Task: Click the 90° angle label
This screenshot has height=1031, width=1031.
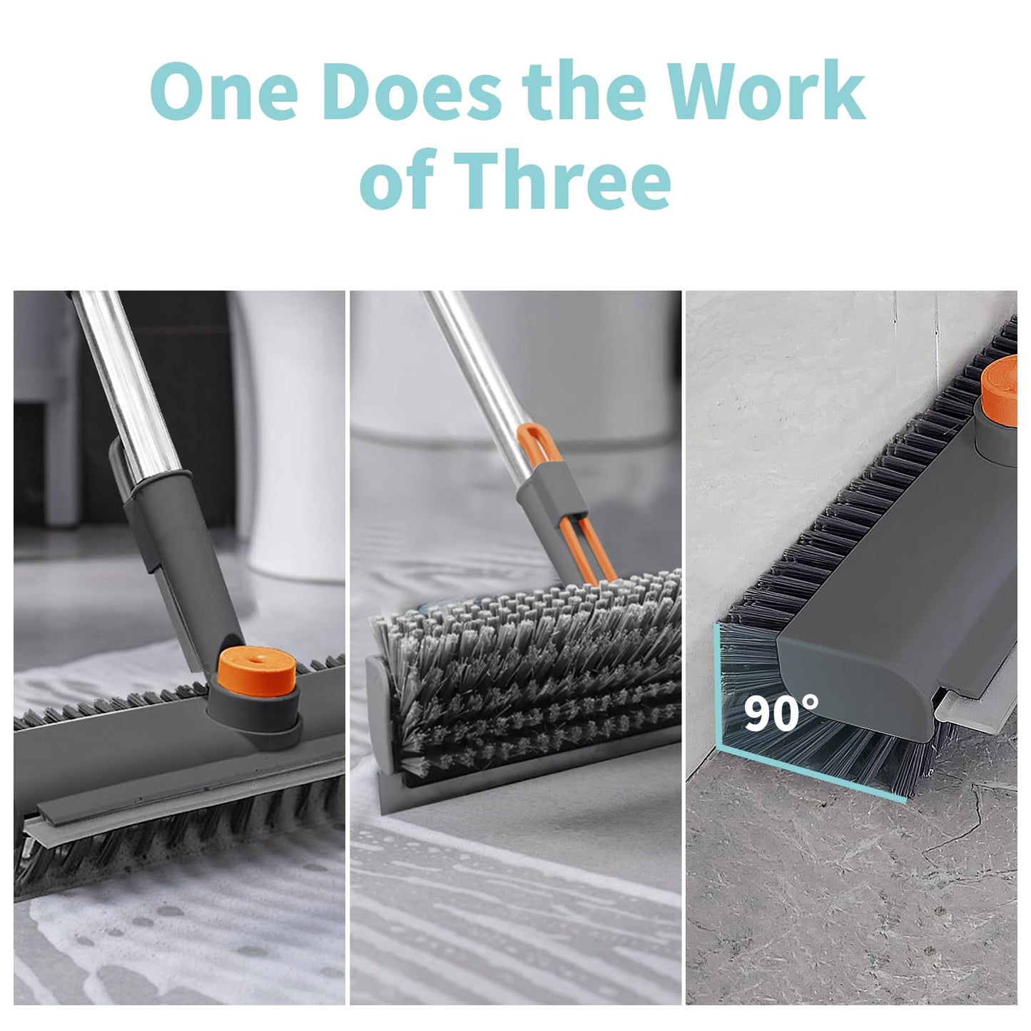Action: pyautogui.click(x=781, y=713)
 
